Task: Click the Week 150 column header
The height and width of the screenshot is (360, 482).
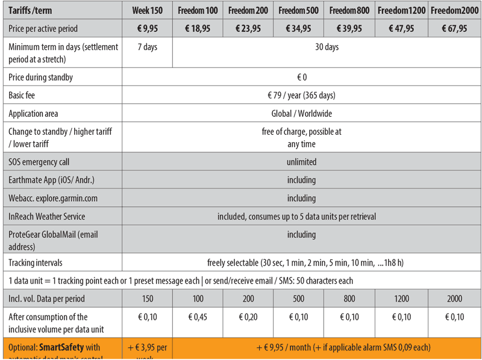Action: [148, 10]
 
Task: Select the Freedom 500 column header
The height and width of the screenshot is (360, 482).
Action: [299, 10]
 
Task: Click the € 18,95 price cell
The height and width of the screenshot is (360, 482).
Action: [198, 28]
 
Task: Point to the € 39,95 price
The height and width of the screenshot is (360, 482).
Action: [349, 28]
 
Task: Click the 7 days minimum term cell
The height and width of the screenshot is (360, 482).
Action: [148, 47]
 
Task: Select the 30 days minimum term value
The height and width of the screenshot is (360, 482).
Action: [327, 47]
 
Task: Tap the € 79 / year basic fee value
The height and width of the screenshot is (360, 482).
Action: [301, 95]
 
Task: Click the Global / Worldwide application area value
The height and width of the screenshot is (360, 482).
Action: [301, 113]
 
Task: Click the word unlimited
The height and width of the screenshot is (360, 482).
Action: [301, 162]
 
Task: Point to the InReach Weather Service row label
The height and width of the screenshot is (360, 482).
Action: [47, 216]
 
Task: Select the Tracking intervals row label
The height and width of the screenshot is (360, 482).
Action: [36, 262]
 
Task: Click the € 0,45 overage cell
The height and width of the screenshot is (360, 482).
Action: [198, 317]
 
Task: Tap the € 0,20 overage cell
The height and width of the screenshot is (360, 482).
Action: [248, 317]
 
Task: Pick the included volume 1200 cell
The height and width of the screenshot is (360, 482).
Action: [401, 299]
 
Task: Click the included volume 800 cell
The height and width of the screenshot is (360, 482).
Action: [349, 299]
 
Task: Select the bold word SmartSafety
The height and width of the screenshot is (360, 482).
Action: [62, 347]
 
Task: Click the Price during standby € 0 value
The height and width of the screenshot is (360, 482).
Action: [301, 77]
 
